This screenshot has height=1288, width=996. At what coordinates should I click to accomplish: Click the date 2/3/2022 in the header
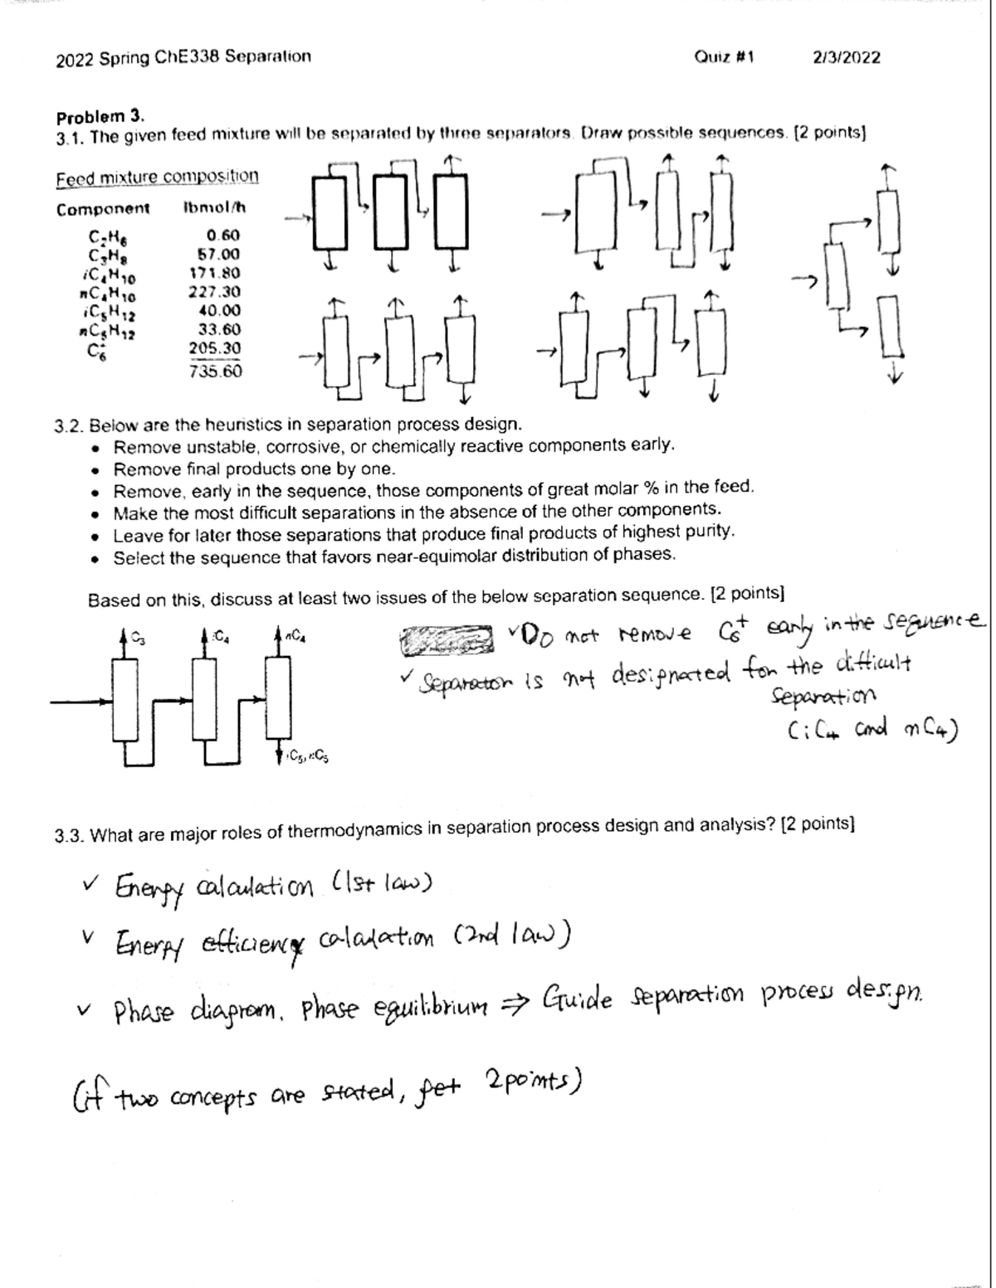click(847, 57)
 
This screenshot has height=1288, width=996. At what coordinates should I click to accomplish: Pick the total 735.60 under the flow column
click(215, 371)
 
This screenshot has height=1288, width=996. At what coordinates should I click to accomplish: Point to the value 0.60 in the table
click(223, 236)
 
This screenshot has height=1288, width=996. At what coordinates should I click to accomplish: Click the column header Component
click(103, 209)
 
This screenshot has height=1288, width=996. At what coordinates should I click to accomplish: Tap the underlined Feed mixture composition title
click(157, 177)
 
